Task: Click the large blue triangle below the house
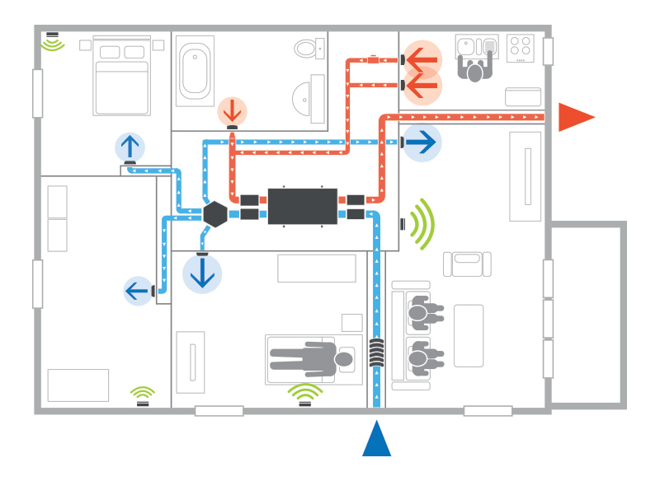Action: click(376, 441)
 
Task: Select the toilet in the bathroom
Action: click(309, 49)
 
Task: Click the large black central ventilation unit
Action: click(303, 207)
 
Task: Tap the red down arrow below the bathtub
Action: click(232, 110)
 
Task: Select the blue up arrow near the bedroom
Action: click(130, 147)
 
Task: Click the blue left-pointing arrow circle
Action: click(137, 291)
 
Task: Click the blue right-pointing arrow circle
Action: click(421, 142)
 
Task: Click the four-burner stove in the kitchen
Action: click(521, 48)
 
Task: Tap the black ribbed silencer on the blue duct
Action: click(376, 353)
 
